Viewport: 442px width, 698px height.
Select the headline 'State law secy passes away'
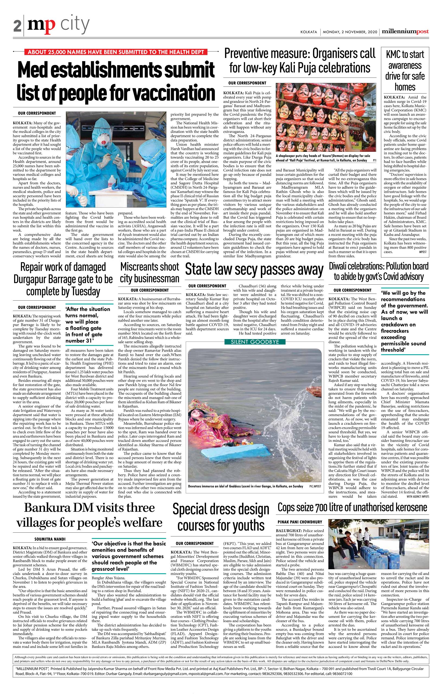tap(254, 269)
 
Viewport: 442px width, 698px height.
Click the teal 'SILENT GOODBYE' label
tap(254, 342)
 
